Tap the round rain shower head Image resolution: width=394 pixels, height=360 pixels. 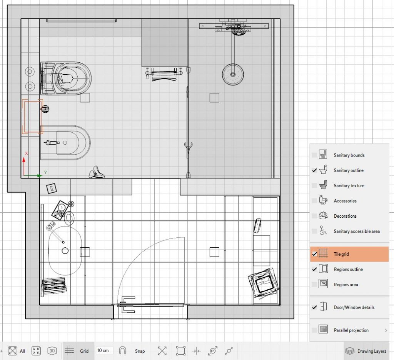pyautogui.click(x=233, y=74)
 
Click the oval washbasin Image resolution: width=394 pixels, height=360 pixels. pyautogui.click(x=65, y=250)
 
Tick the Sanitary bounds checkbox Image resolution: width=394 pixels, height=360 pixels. pyautogui.click(x=314, y=155)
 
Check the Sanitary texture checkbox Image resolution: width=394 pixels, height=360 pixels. pyautogui.click(x=314, y=186)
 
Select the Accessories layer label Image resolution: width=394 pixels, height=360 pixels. pyautogui.click(x=345, y=201)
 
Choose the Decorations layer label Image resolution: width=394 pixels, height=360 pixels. pyautogui.click(x=345, y=216)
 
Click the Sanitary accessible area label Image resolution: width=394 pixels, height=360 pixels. pyautogui.click(x=357, y=231)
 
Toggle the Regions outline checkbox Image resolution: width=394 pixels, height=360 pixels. pyautogui.click(x=314, y=269)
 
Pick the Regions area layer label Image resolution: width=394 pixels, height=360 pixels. pyautogui.click(x=346, y=285)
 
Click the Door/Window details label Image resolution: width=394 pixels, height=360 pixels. pyautogui.click(x=354, y=307)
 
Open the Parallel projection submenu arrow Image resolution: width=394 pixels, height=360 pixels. pyautogui.click(x=386, y=330)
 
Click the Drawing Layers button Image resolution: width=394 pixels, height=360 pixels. pyautogui.click(x=366, y=351)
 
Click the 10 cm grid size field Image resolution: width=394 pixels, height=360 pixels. pyautogui.click(x=104, y=350)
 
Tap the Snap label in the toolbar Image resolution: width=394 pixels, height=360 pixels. pyautogui.click(x=140, y=351)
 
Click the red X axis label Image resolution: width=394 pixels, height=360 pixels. pyautogui.click(x=26, y=153)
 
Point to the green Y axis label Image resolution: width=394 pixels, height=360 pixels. pyautogui.click(x=45, y=173)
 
